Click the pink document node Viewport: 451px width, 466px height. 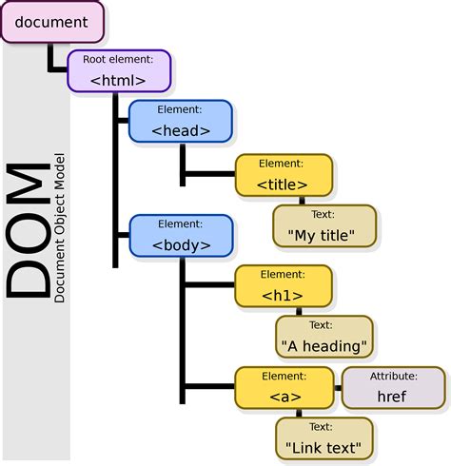point(51,22)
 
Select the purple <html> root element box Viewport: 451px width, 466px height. point(118,71)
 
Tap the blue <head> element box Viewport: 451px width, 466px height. point(180,121)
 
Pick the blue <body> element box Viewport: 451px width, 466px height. point(180,237)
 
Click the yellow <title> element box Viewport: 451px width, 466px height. point(284,175)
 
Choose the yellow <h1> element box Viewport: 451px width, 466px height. point(284,287)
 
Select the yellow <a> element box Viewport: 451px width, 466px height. point(284,388)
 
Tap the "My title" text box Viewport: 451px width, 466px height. point(324,225)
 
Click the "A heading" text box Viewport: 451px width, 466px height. point(324,337)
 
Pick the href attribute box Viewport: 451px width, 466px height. point(392,388)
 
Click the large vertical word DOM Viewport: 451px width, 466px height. point(29,232)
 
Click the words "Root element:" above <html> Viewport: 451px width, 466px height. point(118,59)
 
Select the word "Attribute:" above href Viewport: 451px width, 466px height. point(392,377)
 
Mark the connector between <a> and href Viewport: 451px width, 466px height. point(337,388)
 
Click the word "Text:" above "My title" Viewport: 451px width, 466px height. point(324,214)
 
